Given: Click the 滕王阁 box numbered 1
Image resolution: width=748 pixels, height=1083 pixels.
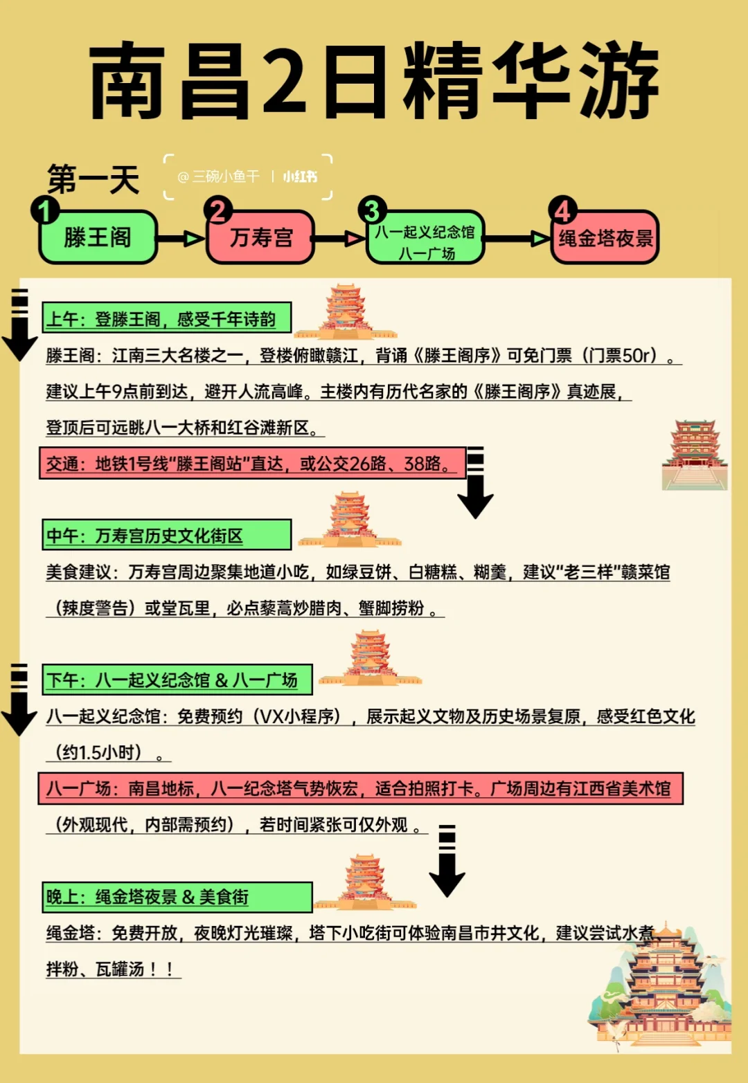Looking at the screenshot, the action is [x=97, y=237].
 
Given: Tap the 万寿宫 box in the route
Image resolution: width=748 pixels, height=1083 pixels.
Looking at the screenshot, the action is [x=261, y=237].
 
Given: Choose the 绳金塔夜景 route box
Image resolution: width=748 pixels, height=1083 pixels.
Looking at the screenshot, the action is [x=605, y=239].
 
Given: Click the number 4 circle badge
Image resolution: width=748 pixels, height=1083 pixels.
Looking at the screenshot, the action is [x=562, y=210].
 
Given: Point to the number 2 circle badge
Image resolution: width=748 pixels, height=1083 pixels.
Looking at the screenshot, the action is [x=218, y=210].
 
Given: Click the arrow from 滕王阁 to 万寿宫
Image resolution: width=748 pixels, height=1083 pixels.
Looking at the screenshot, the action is [x=181, y=239].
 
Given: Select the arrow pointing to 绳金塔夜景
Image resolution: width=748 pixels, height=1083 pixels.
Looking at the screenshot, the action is [x=517, y=239].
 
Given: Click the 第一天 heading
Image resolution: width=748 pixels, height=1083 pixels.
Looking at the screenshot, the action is [x=93, y=179].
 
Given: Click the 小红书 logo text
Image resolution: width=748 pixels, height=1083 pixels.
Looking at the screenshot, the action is [x=300, y=177].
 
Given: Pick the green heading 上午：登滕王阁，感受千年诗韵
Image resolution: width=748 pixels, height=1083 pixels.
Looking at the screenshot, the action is [x=166, y=318].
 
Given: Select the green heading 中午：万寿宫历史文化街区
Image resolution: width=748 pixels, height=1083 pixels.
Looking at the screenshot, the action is [x=166, y=535].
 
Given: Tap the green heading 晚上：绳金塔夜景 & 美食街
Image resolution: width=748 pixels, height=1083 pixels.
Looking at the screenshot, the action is [x=177, y=897].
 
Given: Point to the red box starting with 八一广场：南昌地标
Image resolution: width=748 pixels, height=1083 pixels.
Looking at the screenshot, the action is [x=360, y=788].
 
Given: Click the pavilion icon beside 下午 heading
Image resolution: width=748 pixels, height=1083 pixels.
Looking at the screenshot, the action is [x=371, y=659].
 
